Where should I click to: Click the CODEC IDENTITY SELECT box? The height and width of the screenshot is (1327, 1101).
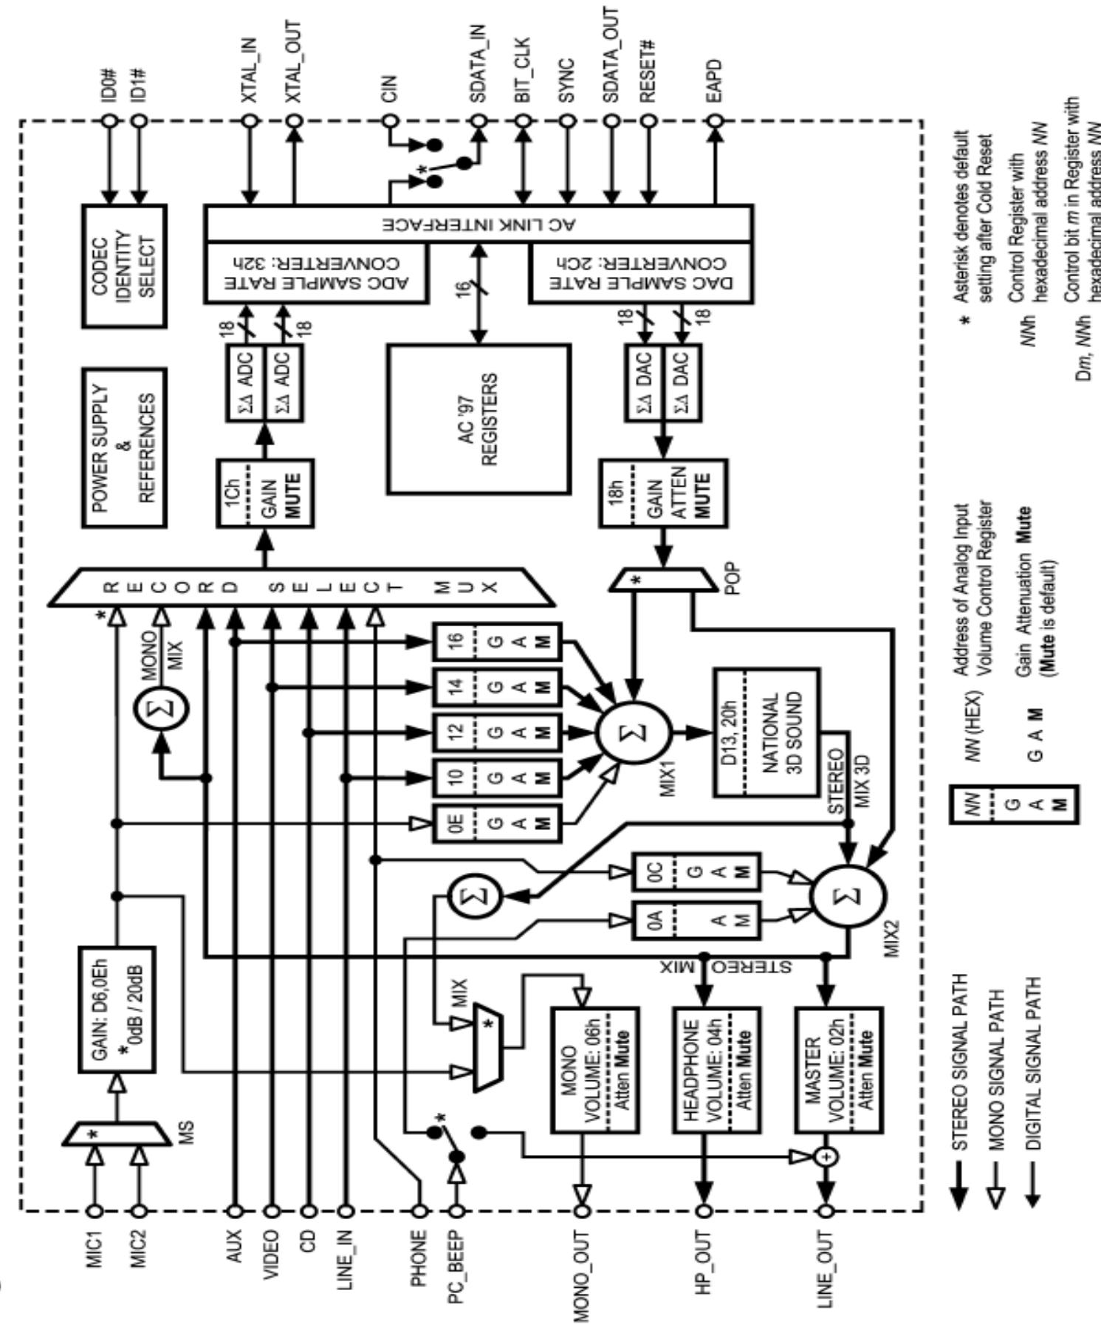(123, 266)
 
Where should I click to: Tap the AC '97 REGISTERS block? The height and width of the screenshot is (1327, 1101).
(479, 418)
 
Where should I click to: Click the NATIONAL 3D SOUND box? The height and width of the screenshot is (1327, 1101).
(766, 732)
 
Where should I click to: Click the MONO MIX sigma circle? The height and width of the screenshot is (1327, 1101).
(161, 709)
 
